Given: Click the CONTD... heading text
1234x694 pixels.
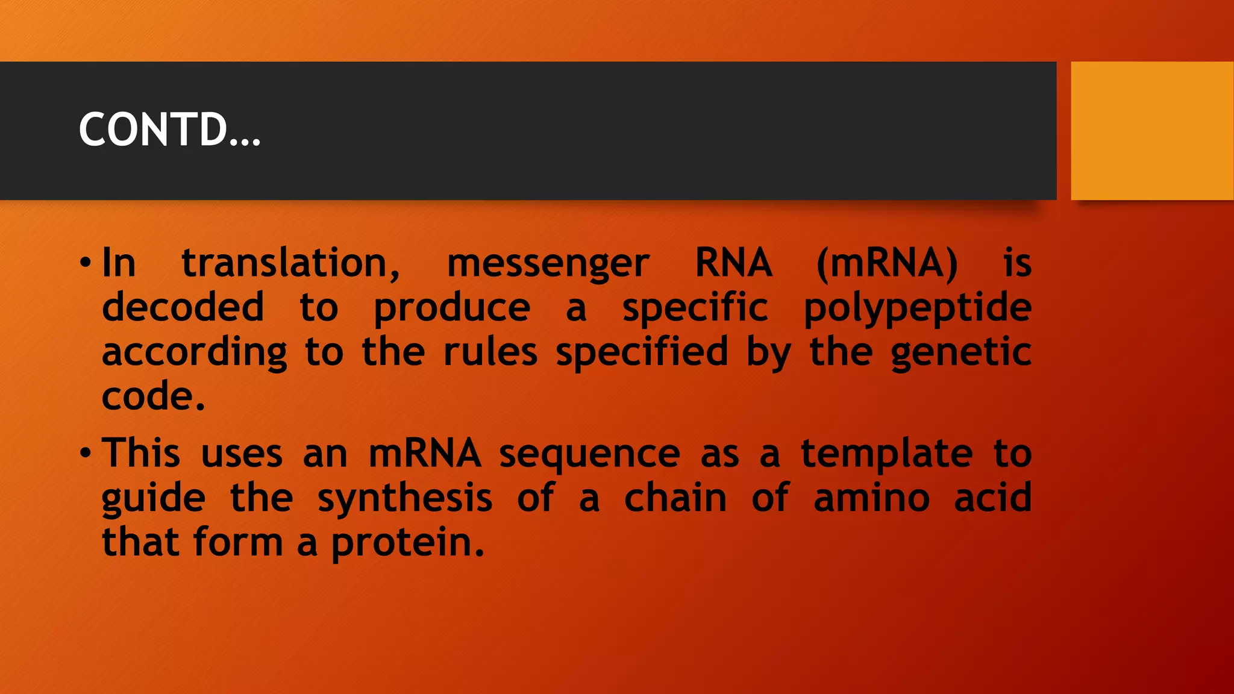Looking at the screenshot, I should [169, 130].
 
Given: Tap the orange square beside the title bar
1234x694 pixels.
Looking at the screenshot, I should [1152, 131].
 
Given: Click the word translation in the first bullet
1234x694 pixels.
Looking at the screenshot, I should [290, 264].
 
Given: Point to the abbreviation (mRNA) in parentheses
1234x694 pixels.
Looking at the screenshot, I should [886, 264].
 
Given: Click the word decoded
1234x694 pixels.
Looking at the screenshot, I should [183, 307].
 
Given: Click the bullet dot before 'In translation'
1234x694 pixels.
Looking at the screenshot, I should [86, 263].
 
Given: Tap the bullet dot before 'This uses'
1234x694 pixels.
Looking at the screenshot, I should [86, 453].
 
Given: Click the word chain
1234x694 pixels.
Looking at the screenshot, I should [675, 499].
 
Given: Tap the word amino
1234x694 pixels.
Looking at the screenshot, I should [871, 499].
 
